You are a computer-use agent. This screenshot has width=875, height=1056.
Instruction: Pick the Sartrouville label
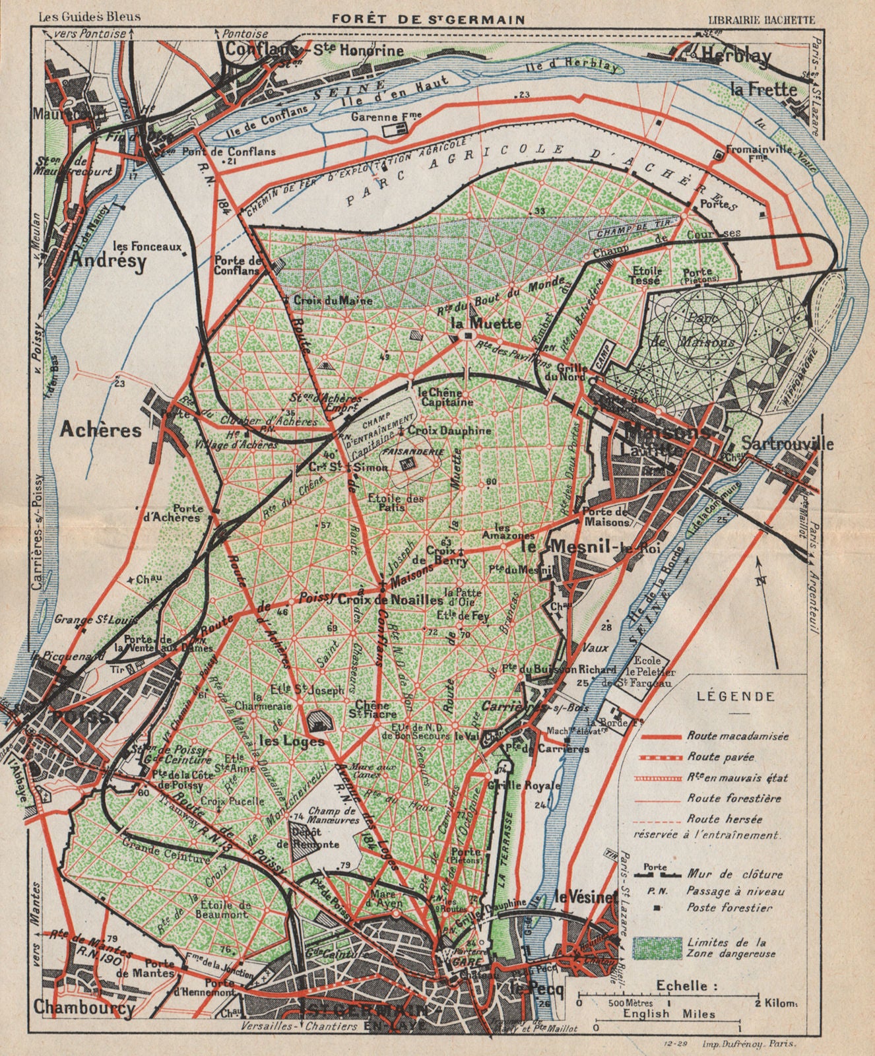787,444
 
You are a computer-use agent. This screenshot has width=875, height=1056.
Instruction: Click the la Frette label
763,89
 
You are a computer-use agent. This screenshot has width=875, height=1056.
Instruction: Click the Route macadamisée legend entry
737,735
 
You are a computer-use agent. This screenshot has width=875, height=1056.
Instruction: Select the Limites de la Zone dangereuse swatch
658,948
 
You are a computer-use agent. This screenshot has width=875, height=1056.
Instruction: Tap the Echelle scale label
686,986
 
